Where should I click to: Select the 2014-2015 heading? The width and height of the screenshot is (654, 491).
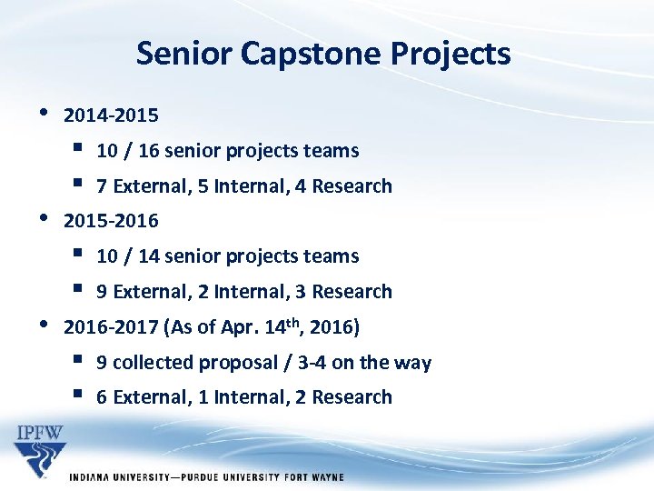111,115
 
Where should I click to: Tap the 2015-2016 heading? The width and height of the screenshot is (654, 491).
111,221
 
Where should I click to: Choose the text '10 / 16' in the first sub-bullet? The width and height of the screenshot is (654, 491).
126,151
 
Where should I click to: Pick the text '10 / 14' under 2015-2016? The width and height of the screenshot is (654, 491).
126,256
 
